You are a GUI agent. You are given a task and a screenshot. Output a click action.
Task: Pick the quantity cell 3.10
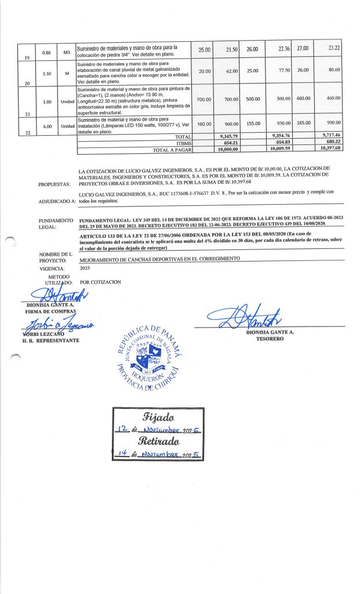tap(47, 74)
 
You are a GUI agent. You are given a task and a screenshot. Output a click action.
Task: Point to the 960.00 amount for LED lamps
tap(232, 124)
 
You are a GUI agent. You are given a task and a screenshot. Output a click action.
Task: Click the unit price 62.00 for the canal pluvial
tap(232, 71)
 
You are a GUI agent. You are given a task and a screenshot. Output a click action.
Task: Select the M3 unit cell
tap(67, 53)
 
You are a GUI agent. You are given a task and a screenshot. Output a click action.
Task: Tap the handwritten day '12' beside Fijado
tap(122, 430)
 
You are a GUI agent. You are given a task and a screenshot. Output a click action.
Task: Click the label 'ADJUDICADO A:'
tap(57, 202)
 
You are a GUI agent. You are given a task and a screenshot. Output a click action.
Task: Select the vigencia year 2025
tap(86, 269)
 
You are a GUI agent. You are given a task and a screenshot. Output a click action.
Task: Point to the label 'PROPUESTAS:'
tap(54, 184)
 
